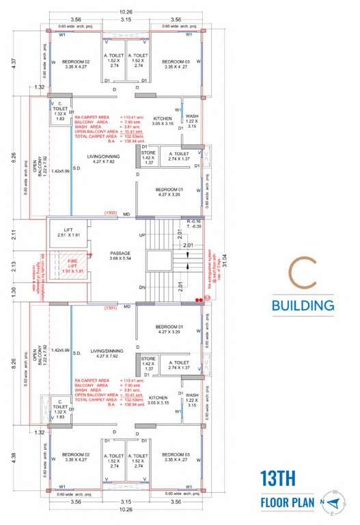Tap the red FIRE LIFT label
(x=68, y=267)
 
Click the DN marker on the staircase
(x=142, y=288)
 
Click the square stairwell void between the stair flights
(x=162, y=261)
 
